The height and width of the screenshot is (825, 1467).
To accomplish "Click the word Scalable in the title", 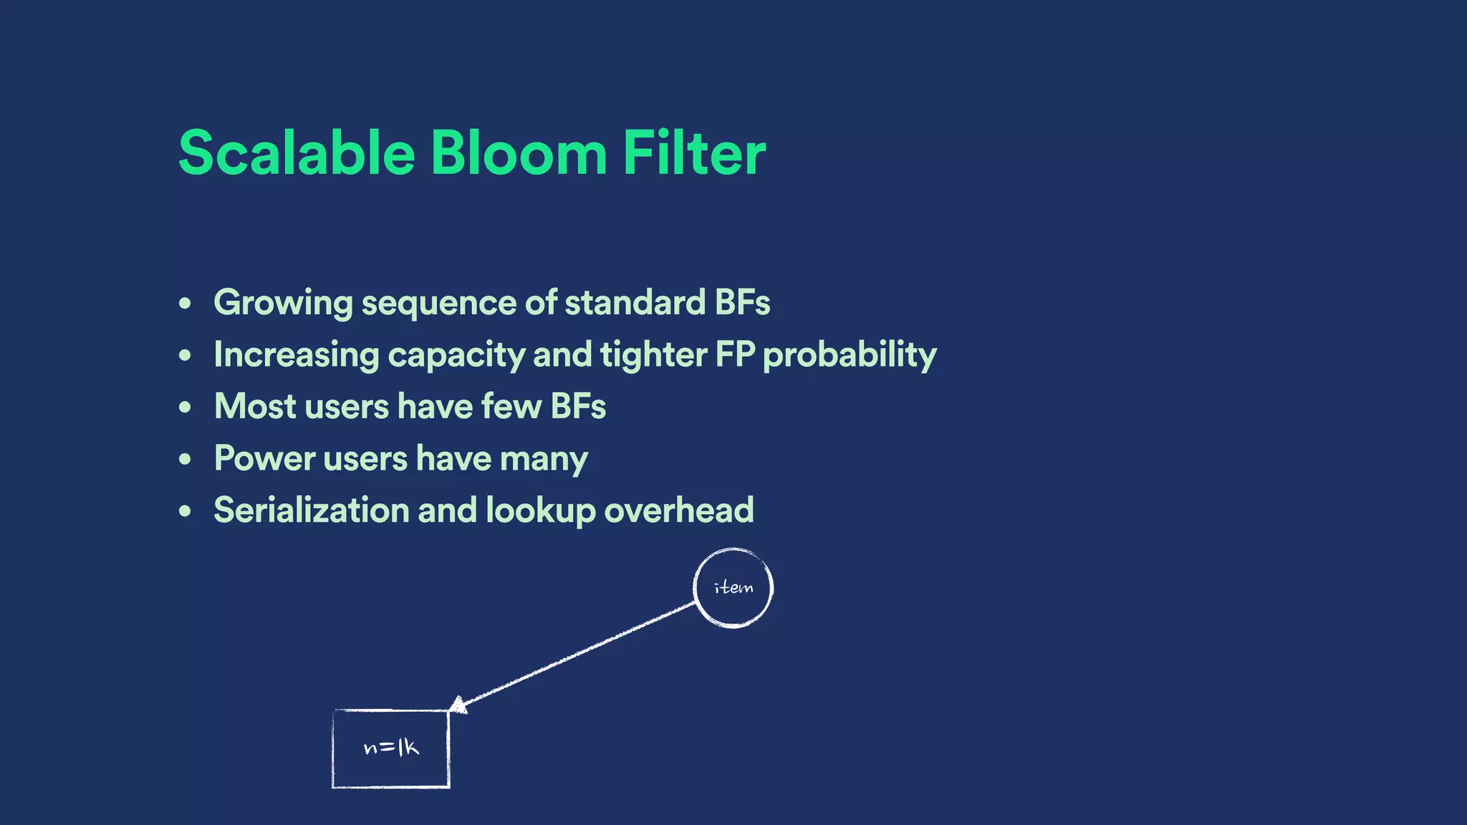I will point(297,153).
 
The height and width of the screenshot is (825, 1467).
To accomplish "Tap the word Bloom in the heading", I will point(519,153).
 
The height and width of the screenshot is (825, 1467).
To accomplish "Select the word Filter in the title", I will point(693,153).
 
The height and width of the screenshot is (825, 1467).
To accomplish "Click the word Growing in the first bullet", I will point(283,303).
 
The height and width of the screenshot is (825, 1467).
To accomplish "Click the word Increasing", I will point(297,355).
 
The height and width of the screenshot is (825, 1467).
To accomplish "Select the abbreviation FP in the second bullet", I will point(735,354).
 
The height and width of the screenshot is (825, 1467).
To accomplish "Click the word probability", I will point(850,355).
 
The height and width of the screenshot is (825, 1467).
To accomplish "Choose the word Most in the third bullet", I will point(255,406).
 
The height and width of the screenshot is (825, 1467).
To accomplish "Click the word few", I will point(511,406).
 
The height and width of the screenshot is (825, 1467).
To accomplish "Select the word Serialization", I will point(311,510).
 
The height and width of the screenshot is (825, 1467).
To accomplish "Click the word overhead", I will point(678,510).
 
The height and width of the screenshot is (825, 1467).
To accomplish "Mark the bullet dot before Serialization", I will point(186,511).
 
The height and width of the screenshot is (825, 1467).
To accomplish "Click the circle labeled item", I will point(733,588).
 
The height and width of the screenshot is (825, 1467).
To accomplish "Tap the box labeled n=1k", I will point(391,748).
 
